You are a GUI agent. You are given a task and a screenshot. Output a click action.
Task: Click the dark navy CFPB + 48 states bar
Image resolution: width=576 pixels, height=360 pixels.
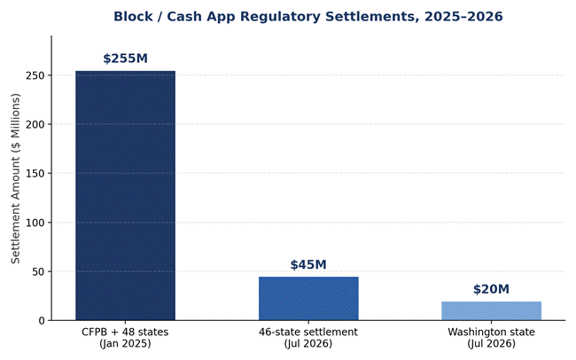click(x=125, y=196)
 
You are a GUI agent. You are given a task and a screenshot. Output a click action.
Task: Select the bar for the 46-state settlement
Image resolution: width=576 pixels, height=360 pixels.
click(x=308, y=299)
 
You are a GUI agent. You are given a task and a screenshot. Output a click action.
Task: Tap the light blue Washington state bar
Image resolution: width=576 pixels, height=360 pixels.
click(x=492, y=311)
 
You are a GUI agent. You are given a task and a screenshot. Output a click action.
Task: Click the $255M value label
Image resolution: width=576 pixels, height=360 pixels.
click(x=125, y=59)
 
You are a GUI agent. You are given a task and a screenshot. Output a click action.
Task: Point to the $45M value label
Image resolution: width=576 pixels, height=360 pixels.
click(x=308, y=264)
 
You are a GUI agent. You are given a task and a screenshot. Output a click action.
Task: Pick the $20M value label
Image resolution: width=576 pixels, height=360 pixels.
click(x=492, y=289)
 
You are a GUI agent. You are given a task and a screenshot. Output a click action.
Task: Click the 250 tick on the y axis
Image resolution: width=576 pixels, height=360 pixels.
click(x=35, y=75)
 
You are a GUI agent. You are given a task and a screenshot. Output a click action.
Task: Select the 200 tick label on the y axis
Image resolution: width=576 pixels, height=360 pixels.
click(x=35, y=124)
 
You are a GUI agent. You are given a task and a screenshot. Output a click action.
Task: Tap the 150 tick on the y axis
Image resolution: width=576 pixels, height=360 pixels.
click(x=35, y=173)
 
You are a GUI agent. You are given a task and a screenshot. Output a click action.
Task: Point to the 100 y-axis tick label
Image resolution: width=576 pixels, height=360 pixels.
click(x=35, y=223)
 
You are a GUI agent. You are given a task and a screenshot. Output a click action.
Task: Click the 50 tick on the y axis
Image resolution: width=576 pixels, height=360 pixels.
click(x=38, y=271)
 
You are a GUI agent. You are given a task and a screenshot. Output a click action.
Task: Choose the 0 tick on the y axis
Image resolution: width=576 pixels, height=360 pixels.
click(x=42, y=321)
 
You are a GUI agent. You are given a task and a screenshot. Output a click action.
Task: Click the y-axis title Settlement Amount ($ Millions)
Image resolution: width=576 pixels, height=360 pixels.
click(x=15, y=178)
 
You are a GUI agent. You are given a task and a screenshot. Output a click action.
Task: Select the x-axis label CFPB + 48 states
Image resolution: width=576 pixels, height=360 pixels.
click(x=125, y=332)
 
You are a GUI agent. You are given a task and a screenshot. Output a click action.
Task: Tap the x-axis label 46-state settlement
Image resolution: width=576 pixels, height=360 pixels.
click(x=308, y=332)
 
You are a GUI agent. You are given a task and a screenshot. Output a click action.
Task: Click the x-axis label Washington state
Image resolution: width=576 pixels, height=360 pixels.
click(x=492, y=332)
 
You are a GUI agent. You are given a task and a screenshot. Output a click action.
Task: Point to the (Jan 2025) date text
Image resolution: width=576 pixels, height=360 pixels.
click(x=125, y=344)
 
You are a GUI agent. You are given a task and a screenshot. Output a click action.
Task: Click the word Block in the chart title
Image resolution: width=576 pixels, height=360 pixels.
click(x=133, y=17)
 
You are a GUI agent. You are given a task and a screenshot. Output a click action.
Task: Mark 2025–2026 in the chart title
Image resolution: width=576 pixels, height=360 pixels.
click(x=463, y=17)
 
